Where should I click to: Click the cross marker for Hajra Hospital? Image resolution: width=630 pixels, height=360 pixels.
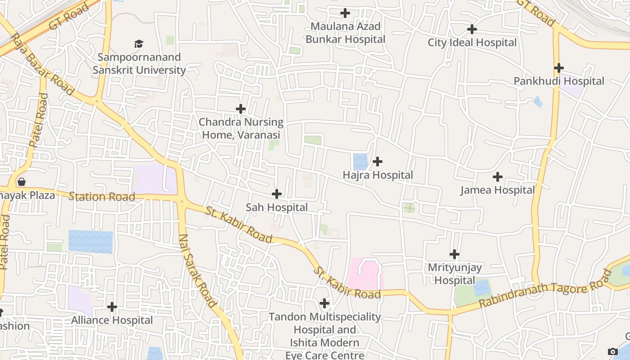click(378, 162)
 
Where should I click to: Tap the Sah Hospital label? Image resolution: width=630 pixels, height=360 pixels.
click(277, 207)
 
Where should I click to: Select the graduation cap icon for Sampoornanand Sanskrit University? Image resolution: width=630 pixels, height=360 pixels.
click(139, 44)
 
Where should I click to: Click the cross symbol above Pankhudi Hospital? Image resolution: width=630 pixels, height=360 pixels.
click(558, 68)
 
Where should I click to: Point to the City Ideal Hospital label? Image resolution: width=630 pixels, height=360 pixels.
click(472, 43)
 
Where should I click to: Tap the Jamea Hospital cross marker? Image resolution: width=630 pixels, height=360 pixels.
click(497, 177)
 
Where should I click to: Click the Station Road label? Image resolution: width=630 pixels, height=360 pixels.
click(102, 197)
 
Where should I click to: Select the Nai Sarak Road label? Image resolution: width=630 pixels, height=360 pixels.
click(198, 271)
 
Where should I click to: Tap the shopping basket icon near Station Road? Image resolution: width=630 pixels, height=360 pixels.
click(21, 182)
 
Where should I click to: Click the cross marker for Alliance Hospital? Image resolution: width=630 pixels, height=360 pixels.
click(112, 307)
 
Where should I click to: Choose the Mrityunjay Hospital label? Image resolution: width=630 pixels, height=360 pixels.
click(454, 274)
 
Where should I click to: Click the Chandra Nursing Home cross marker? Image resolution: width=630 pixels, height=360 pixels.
click(241, 109)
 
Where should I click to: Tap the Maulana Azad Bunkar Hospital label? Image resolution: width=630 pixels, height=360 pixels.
click(345, 33)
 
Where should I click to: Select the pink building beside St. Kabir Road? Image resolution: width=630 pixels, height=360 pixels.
click(364, 274)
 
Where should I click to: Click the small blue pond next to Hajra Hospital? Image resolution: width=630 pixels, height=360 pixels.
click(360, 162)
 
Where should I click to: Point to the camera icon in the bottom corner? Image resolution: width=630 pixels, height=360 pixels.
click(612, 351)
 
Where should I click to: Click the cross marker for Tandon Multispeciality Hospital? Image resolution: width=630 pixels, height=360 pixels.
click(324, 303)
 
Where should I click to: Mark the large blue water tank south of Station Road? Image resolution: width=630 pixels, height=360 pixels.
click(90, 242)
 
